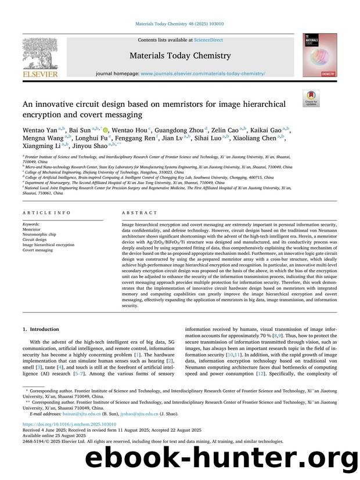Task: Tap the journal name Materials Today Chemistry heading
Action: click(x=180, y=56)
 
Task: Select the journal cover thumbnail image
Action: click(x=319, y=55)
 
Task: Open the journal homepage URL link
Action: click(x=203, y=74)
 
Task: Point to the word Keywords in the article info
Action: click(x=31, y=223)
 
